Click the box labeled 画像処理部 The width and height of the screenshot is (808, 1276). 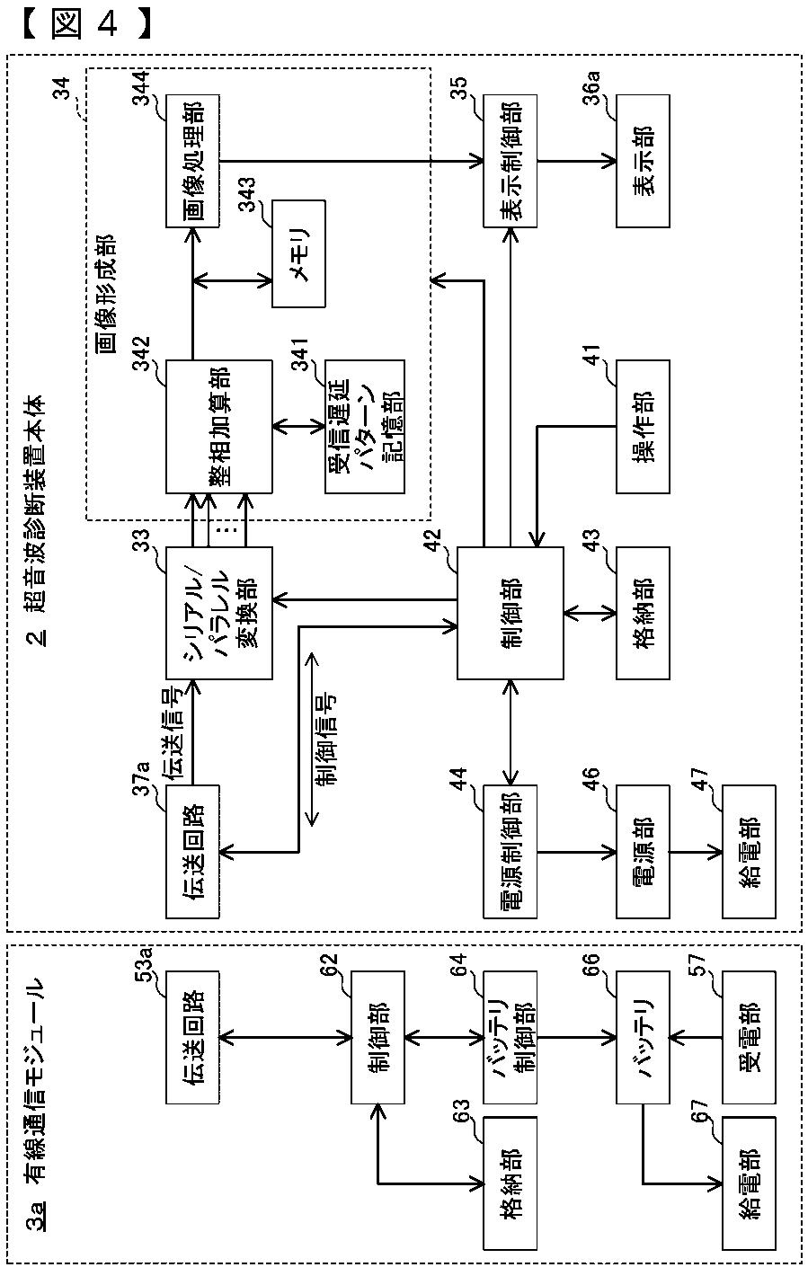coord(192,161)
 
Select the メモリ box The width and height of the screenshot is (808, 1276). coord(298,254)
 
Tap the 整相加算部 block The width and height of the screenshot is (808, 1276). coord(218,427)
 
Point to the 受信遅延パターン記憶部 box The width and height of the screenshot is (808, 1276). coord(365,427)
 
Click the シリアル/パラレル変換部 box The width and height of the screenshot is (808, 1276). coord(218,613)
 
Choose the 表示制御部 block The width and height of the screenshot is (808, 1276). coord(510,161)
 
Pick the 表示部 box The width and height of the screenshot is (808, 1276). coord(643,161)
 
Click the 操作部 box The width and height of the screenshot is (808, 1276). coord(643,427)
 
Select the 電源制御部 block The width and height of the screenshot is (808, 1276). coord(510,852)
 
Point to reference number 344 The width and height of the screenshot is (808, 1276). coord(141,87)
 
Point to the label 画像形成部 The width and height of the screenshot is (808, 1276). coord(105,294)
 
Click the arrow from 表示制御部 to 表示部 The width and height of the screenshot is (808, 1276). coord(577,161)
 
